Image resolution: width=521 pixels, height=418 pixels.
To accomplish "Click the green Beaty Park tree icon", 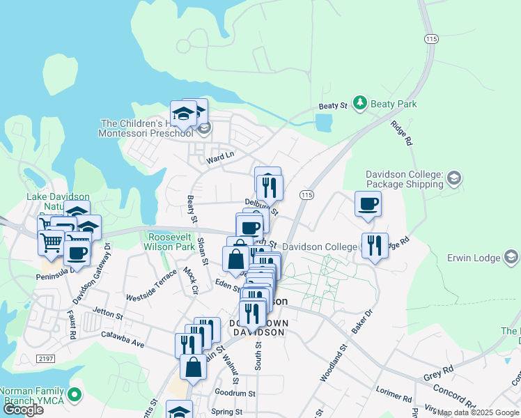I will coord(359,104).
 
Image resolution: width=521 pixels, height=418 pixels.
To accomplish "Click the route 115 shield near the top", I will coord(432,39).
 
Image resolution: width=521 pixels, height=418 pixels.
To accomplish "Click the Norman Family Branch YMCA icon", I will coord(75,396).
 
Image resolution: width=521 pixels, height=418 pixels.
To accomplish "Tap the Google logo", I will coord(23,409).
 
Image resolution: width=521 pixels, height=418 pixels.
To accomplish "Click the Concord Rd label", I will coord(453,394).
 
